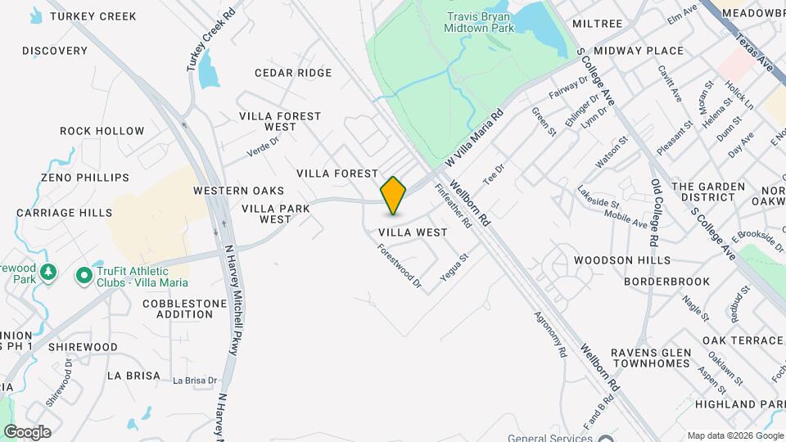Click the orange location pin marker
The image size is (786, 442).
394,195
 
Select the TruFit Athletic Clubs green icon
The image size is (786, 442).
84,277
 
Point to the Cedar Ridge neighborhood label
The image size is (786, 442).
293,73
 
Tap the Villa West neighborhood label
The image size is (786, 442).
413,232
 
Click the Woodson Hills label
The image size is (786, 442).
622,260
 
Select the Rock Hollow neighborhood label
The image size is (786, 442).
102,131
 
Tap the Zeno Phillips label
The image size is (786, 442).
85,178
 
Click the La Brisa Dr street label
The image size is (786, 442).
195,381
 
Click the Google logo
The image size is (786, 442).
27,432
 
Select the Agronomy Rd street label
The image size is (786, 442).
550,335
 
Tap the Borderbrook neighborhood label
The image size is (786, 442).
666,282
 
